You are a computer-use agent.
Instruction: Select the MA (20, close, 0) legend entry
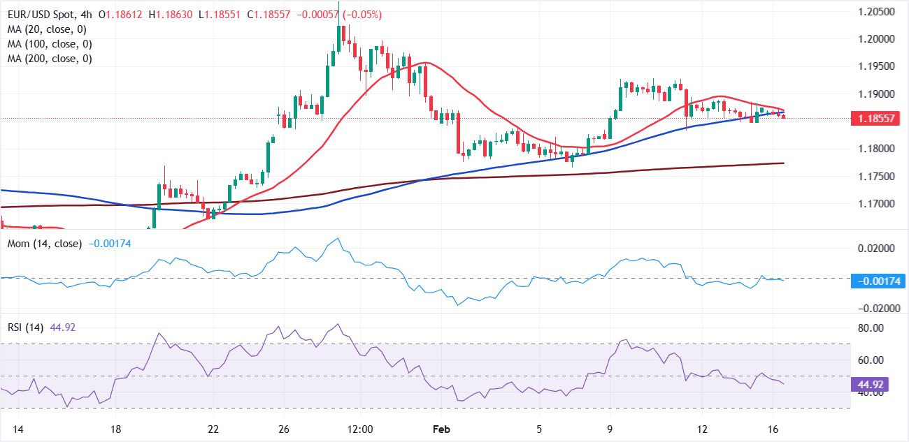pyautogui.click(x=48, y=29)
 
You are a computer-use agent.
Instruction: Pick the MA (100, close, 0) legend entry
pyautogui.click(x=50, y=44)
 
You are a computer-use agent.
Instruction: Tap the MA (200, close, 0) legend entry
pyautogui.click(x=50, y=59)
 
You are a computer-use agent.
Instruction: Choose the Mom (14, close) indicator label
pyautogui.click(x=45, y=244)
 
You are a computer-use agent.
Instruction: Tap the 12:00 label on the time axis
pyautogui.click(x=362, y=429)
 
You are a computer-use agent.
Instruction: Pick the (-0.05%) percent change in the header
pyautogui.click(x=359, y=15)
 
